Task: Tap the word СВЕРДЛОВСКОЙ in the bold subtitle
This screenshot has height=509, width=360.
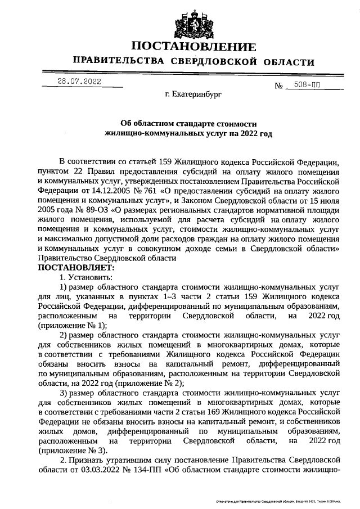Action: pos(218,61)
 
